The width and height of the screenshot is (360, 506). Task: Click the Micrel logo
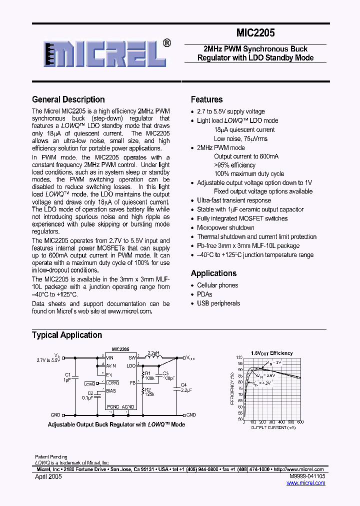pyautogui.click(x=105, y=53)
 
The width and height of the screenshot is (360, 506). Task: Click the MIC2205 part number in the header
pyautogui.click(x=255, y=33)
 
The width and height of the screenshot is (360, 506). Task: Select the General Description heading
pyautogui.click(x=68, y=99)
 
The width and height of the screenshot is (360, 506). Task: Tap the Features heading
pyautogui.click(x=206, y=99)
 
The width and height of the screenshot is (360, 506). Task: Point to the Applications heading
pyautogui.click(x=213, y=273)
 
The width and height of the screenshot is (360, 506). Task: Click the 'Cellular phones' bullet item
pyautogui.click(x=217, y=285)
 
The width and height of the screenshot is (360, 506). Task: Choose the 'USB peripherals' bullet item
pyautogui.click(x=218, y=303)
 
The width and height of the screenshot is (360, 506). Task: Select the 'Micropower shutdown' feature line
pyautogui.click(x=225, y=228)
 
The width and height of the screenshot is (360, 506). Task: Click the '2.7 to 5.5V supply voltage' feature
pyautogui.click(x=230, y=111)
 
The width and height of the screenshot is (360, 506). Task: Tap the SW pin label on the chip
pyautogui.click(x=132, y=358)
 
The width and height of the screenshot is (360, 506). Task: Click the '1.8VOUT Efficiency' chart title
pyautogui.click(x=271, y=353)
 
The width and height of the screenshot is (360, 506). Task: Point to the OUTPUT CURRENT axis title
pyautogui.click(x=273, y=428)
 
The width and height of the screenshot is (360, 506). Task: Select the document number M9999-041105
pyautogui.click(x=306, y=477)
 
